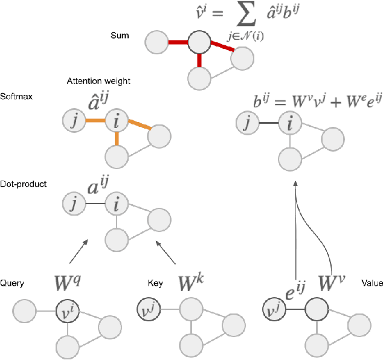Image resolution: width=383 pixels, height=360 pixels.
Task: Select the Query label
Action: [x=12, y=283]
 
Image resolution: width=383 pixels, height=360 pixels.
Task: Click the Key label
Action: [x=154, y=283]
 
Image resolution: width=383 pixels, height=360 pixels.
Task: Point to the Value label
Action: [x=370, y=283]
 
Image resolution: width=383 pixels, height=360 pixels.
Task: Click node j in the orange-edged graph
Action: [x=74, y=121]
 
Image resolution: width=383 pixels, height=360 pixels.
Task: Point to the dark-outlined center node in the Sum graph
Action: [x=198, y=43]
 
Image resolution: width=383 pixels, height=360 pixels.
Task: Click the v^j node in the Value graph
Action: [x=273, y=312]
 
